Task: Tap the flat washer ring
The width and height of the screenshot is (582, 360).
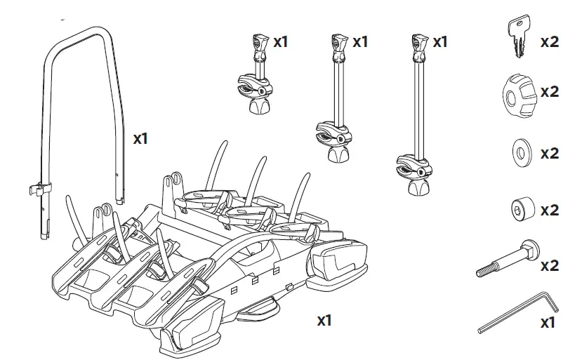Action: (521, 152)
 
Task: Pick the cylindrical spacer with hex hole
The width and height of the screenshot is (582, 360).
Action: (520, 209)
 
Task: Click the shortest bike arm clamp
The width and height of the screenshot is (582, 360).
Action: (256, 77)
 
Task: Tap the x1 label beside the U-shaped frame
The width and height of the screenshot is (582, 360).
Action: (142, 138)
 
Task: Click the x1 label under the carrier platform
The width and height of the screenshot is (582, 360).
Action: (324, 321)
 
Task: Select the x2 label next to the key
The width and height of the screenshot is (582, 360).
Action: (550, 41)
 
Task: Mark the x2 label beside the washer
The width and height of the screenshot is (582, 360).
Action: (550, 153)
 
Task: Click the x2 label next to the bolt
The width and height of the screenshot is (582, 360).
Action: (550, 266)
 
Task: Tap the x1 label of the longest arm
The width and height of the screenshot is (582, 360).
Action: (439, 42)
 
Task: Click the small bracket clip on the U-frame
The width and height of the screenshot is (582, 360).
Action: (41, 187)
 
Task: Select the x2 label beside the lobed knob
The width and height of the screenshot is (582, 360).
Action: (550, 91)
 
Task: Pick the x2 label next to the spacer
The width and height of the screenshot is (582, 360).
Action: (550, 210)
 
